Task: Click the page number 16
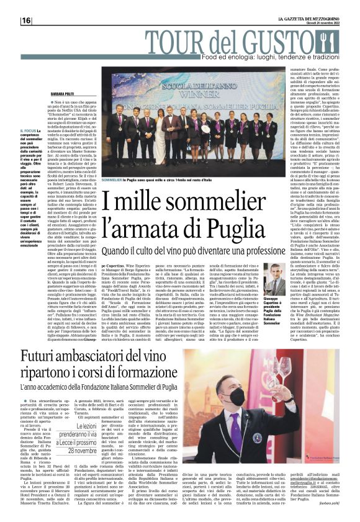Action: (26, 20)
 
